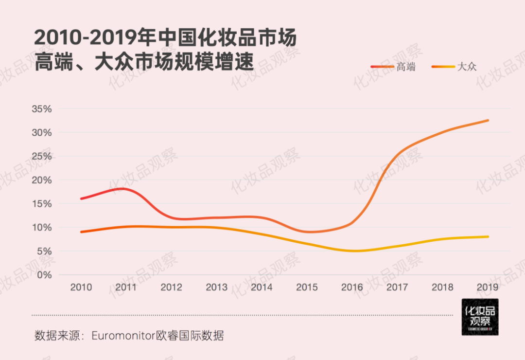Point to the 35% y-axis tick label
point(41,109)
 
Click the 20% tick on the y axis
point(41,180)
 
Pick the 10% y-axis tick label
point(41,228)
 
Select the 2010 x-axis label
point(81,288)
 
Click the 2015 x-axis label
point(307,288)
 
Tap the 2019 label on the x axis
point(488,288)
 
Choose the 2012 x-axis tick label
point(171,288)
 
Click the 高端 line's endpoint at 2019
point(488,120)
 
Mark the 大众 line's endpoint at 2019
point(488,237)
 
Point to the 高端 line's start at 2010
point(81,198)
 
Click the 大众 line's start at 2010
point(81,232)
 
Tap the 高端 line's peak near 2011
point(123,188)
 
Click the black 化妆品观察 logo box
point(480,317)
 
